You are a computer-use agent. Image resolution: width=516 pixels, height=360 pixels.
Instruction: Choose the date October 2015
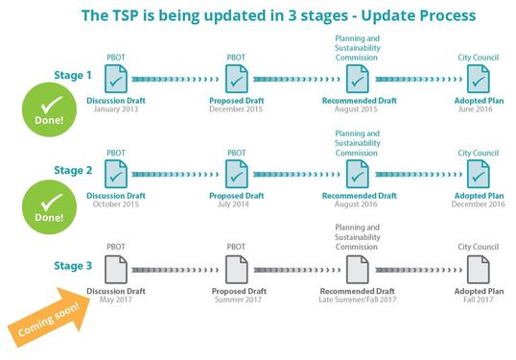(116, 203)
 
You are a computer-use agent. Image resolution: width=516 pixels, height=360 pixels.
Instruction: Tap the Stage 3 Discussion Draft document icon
(116, 265)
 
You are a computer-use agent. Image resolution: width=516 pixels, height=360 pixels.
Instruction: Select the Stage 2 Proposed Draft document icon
(236, 172)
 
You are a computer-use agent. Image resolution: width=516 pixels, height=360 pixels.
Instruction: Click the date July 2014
(236, 203)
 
